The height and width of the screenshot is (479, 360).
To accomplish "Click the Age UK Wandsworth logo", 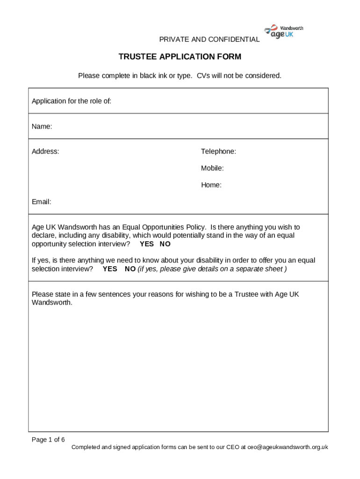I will coord(284,32).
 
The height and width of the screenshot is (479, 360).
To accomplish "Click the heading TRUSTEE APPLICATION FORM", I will coord(180,57).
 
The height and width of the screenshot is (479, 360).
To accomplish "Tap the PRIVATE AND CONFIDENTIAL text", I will coord(209,40).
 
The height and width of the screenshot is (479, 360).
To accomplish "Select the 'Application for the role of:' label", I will coord(72,101).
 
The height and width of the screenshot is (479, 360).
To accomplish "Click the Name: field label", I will coord(42,126).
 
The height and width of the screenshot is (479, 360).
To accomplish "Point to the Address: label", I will coord(45,152).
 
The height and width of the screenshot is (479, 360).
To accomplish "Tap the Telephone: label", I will coord(218,152).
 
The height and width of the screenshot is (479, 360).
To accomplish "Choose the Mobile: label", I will coord(212,168).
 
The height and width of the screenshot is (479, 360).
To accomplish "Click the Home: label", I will coord(211,185).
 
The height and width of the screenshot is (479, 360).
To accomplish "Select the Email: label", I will coord(41,202).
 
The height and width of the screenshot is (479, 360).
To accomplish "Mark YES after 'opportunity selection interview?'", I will coord(146,244).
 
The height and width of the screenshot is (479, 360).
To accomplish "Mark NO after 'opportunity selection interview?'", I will coord(165,244).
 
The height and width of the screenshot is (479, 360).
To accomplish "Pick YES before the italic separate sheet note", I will coord(110,269).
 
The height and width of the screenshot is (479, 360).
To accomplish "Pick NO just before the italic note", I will coord(130,269).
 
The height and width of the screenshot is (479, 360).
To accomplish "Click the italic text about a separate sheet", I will coord(212,269).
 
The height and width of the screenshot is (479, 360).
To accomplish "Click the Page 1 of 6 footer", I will coord(48,439).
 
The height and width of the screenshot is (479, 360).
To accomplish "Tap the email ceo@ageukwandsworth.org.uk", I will coord(288,447).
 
